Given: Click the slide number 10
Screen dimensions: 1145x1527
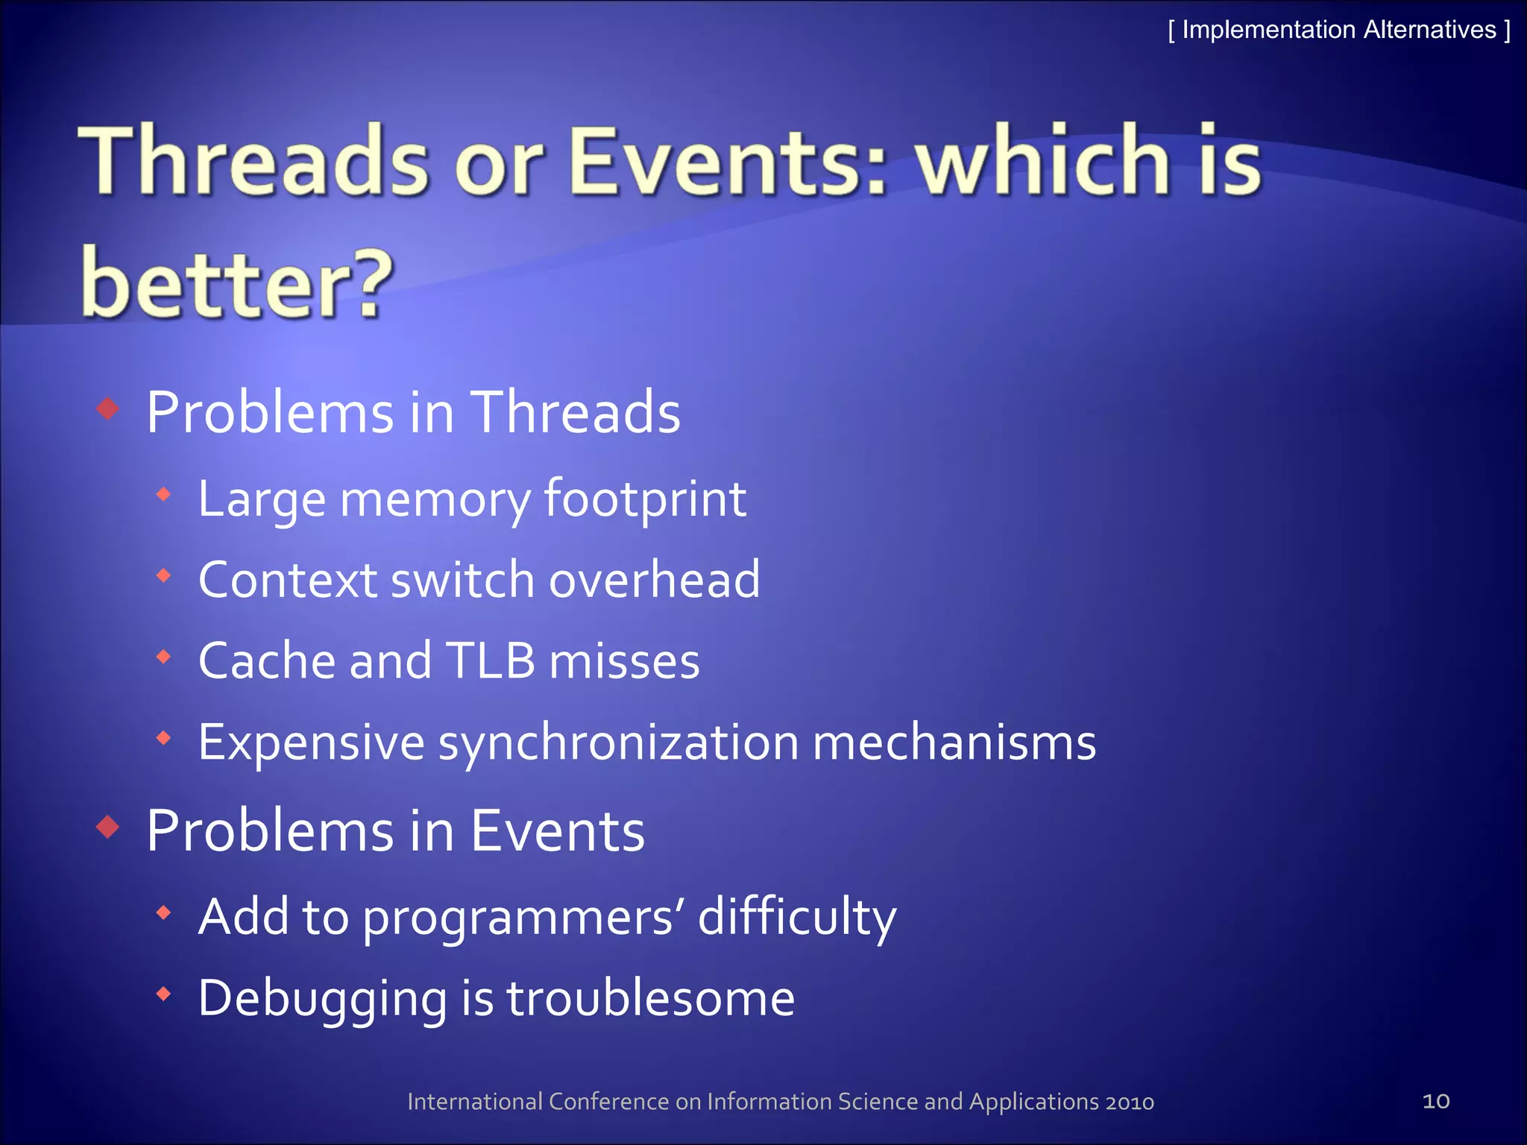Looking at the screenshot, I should click(x=1435, y=1101).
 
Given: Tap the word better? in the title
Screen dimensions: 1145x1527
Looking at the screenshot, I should click(x=236, y=283).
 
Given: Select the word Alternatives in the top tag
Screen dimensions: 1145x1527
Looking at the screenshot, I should click(x=1430, y=30).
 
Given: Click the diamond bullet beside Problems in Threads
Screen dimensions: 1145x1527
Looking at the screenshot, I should click(x=109, y=409).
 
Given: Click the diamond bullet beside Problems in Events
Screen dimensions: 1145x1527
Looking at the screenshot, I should click(x=109, y=827).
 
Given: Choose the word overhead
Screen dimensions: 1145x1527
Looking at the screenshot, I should click(x=655, y=580).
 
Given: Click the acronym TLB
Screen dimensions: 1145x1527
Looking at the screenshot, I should click(x=490, y=661).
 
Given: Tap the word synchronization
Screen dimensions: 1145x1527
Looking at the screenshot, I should click(x=618, y=743).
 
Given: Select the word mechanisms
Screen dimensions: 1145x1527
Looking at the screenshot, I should click(x=954, y=743).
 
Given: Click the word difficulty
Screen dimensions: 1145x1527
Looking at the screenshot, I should click(x=797, y=917).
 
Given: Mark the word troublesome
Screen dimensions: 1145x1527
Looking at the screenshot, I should click(x=651, y=999).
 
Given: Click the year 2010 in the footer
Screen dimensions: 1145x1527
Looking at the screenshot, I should click(x=1130, y=1102).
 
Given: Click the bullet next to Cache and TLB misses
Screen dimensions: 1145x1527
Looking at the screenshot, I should click(x=164, y=657).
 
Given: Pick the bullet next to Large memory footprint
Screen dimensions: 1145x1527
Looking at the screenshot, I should click(x=164, y=493).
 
